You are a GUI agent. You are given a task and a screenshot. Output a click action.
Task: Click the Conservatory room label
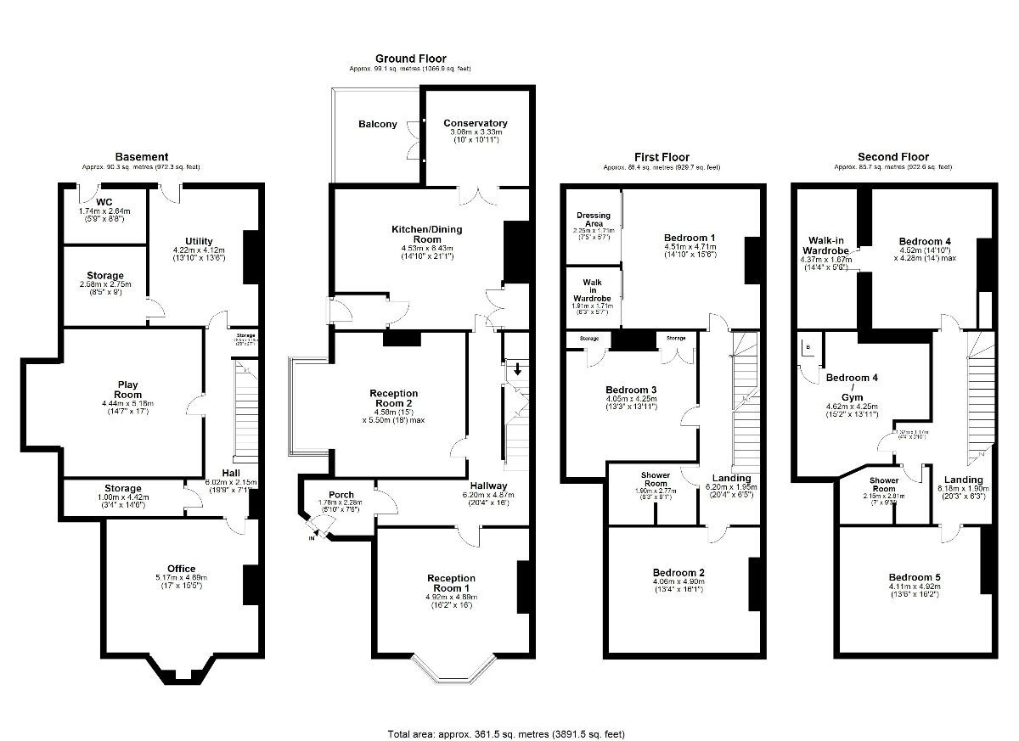pyautogui.click(x=475, y=123)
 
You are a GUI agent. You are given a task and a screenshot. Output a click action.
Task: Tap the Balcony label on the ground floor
pyautogui.click(x=377, y=124)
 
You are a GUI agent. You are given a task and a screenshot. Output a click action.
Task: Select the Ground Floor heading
pyautogui.click(x=410, y=59)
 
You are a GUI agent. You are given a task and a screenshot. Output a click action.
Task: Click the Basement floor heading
pyautogui.click(x=142, y=157)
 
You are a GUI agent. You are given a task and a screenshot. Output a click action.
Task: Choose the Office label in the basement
pyautogui.click(x=181, y=569)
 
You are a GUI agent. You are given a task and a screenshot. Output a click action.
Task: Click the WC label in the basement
pyautogui.click(x=104, y=202)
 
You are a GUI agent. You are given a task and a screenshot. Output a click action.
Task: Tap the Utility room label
pyautogui.click(x=199, y=241)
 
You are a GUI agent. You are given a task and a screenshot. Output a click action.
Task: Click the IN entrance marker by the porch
pyautogui.click(x=312, y=538)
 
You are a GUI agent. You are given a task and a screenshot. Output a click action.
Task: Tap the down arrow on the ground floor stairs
pyautogui.click(x=518, y=369)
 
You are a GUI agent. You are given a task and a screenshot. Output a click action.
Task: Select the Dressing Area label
pyautogui.click(x=594, y=220)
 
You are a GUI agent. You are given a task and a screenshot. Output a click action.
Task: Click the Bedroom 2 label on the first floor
pyautogui.click(x=678, y=572)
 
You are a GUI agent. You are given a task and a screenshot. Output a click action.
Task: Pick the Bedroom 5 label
pyautogui.click(x=914, y=577)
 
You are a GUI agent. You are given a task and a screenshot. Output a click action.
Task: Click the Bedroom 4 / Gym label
pyautogui.click(x=852, y=387)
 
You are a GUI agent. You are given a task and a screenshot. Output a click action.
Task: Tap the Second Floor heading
pyautogui.click(x=892, y=157)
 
